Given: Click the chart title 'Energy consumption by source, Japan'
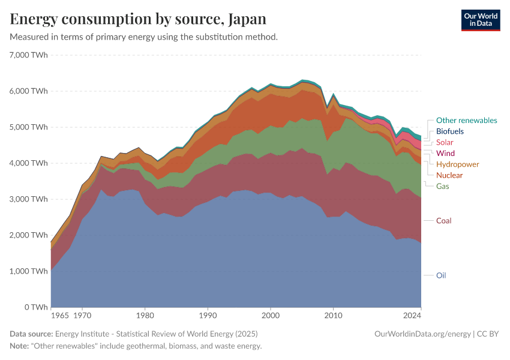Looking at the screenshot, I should click(138, 19).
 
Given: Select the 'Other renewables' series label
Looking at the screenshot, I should click(466, 121).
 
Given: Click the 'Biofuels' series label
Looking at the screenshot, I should click(449, 131).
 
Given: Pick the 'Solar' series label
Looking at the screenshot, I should click(445, 142).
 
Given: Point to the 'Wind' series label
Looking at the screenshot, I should click(445, 154).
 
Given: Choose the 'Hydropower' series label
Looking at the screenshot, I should click(457, 164).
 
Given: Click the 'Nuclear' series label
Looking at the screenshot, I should click(449, 175).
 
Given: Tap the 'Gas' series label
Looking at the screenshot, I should click(442, 187).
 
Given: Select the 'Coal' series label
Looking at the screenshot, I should click(443, 221).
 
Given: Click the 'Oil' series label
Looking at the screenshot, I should click(441, 275).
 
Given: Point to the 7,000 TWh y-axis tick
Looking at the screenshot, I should click(29, 55).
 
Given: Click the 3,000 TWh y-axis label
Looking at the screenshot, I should click(29, 199).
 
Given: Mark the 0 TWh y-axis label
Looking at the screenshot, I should click(35, 307).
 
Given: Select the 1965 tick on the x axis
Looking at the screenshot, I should click(59, 314).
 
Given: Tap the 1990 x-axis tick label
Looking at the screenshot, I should click(208, 314).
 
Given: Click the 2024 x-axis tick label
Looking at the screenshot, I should click(413, 314).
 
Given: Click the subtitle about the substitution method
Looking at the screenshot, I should click(143, 37).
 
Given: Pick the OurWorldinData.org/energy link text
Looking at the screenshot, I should click(422, 334).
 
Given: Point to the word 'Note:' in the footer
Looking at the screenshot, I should click(20, 346).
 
